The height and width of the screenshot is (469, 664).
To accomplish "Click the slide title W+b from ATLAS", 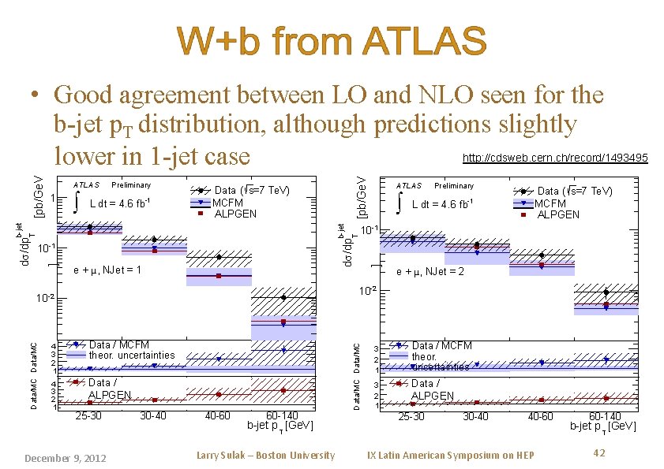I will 332,42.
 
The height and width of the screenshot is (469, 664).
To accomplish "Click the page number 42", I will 598,452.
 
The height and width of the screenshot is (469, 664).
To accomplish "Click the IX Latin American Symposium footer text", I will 451,455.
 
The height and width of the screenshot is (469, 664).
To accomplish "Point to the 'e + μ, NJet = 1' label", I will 107,270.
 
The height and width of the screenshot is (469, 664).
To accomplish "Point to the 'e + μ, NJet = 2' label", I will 430,272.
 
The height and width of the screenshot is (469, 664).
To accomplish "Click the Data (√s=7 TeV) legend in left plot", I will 252,190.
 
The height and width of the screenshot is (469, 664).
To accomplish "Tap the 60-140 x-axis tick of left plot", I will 282,415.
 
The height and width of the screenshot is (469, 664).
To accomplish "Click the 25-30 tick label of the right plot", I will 411,416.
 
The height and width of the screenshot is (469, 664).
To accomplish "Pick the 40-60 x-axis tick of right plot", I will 540,416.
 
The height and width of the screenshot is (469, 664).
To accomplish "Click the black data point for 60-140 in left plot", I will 283,297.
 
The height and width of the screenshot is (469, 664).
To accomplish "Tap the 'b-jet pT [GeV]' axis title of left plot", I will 280,426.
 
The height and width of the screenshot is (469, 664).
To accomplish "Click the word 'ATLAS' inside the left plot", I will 87,185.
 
